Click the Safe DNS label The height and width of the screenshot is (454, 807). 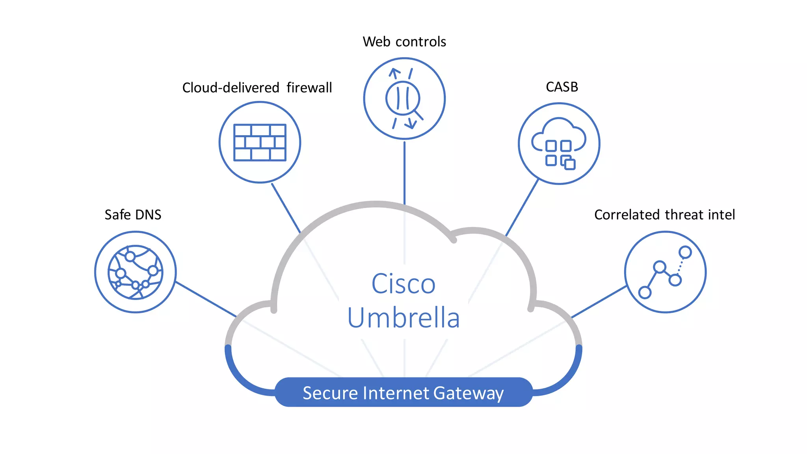point(133,215)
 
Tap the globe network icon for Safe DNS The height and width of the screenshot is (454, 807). point(135,272)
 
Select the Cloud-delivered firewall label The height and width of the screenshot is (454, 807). point(257,87)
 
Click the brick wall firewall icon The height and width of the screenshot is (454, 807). point(260,142)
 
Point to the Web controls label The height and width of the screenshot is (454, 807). point(404,42)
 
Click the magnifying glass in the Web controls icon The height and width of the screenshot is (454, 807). point(403,99)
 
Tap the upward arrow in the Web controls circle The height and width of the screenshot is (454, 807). point(394,73)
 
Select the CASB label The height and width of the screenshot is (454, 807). point(562,87)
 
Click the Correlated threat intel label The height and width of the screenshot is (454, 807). point(664,215)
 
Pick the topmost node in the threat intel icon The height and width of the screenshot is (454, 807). point(685,252)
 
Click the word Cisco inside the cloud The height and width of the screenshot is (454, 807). point(403,284)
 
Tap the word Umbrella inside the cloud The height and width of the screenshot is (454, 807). point(403,318)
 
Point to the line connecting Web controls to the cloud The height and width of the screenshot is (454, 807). point(404,173)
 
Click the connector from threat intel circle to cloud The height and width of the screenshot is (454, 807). point(599,302)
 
